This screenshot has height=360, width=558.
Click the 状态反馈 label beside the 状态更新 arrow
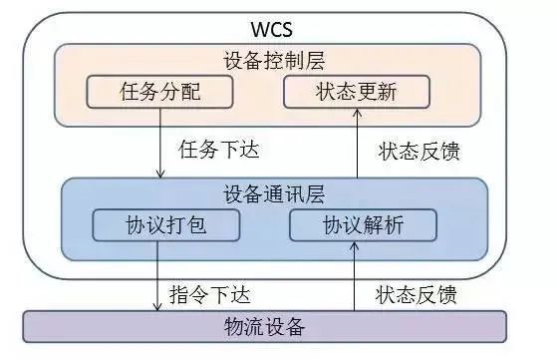point(418,153)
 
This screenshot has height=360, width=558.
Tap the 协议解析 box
point(364,225)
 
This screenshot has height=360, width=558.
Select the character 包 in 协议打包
point(203,225)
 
